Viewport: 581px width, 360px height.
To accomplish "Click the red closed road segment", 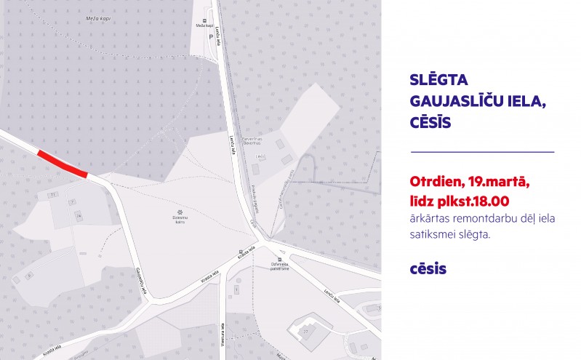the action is tap(63, 164).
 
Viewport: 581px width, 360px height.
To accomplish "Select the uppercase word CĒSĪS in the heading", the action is tap(431, 122).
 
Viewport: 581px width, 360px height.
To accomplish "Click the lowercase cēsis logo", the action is tap(428, 269).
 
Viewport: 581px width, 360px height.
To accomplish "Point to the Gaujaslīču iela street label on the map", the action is tap(140, 281).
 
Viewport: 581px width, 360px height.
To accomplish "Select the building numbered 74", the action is tap(78, 216).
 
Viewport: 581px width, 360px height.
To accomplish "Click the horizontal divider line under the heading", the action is tap(482, 152).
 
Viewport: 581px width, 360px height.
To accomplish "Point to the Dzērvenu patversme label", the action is tap(281, 266).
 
